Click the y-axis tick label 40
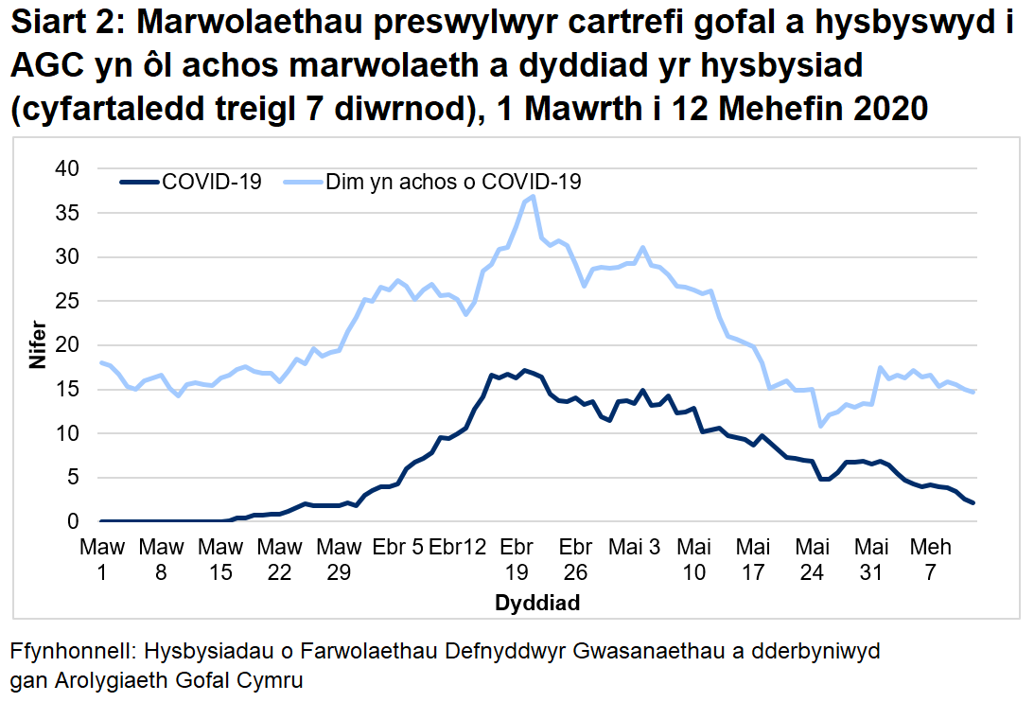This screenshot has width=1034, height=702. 65,168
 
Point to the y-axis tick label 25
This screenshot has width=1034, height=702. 65,301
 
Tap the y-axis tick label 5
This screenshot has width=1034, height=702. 71,478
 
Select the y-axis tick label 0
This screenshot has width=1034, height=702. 71,521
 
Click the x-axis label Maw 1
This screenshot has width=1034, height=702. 101,559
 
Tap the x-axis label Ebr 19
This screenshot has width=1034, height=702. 516,559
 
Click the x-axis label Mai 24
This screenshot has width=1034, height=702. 812,559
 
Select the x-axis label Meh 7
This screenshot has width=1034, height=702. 930,559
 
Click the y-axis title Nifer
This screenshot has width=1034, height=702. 37,345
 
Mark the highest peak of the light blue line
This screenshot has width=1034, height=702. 534,196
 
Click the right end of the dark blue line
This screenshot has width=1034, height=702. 973,502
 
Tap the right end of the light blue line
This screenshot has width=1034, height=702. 973,392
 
